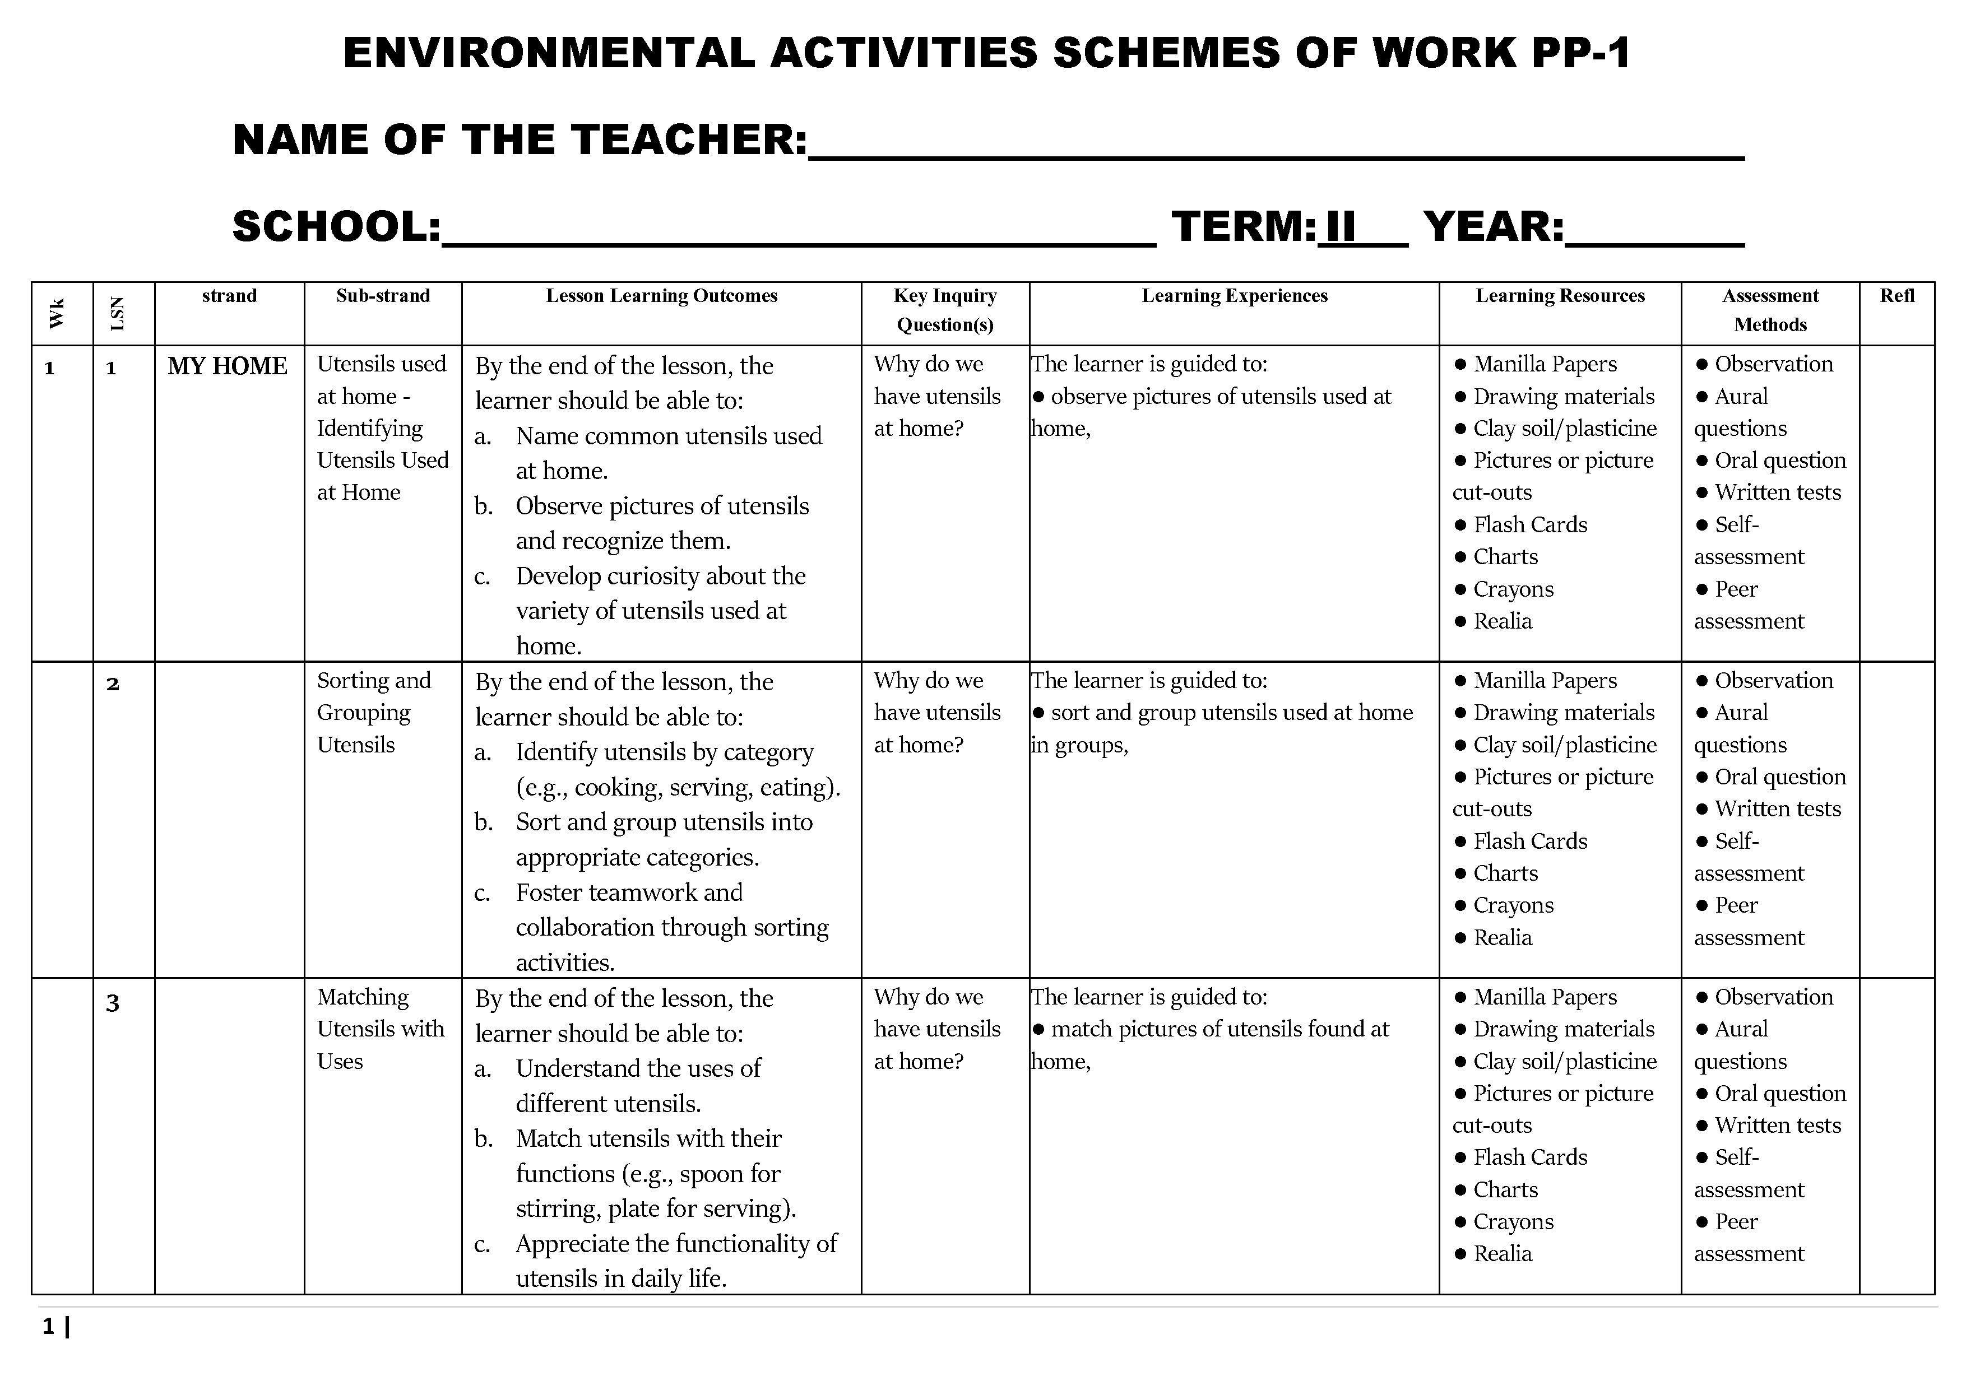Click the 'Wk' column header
click(57, 313)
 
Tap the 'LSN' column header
click(118, 313)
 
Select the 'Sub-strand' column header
click(383, 296)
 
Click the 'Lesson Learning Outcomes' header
click(661, 296)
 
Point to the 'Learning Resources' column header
click(1559, 296)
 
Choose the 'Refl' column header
click(1897, 296)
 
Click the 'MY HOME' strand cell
click(228, 366)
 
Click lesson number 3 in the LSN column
click(112, 1003)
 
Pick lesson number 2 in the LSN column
click(112, 685)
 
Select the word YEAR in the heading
click(1494, 227)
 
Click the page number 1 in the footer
click(49, 1327)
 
